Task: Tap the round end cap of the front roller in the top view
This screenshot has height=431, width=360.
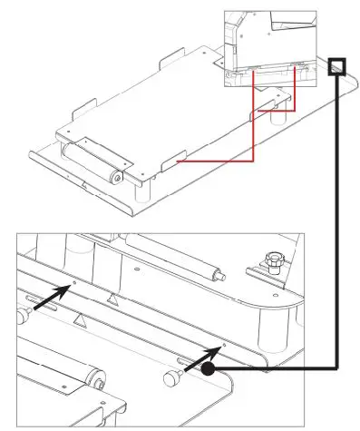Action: [x=118, y=178]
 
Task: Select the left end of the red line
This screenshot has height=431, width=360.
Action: [x=179, y=162]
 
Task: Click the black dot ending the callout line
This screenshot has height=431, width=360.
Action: [x=209, y=368]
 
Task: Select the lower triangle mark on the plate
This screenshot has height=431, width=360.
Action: [x=81, y=318]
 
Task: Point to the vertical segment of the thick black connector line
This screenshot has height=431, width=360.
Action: [x=336, y=227]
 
